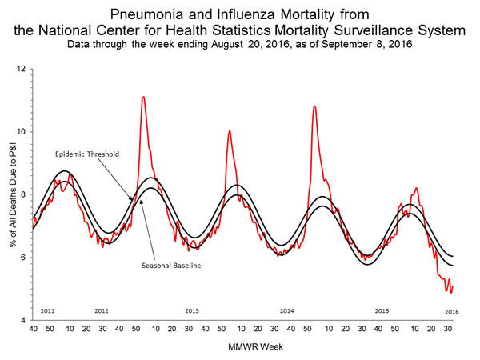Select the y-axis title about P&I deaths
[11, 194]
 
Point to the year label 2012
[102, 310]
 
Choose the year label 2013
[192, 310]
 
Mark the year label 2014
[287, 310]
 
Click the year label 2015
[382, 310]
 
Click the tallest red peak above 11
[143, 97]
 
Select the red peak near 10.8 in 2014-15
[314, 106]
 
